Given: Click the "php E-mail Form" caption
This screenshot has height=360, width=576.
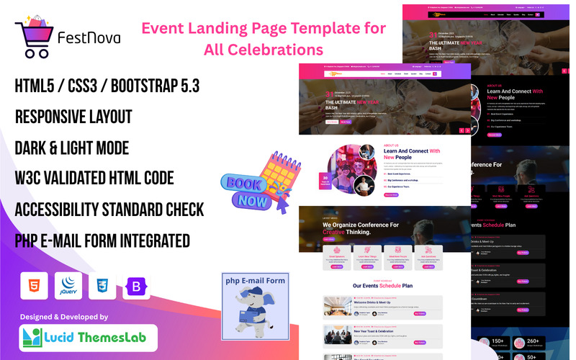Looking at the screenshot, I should pos(255,280).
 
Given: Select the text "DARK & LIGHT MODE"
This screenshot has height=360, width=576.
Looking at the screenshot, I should pos(71,148).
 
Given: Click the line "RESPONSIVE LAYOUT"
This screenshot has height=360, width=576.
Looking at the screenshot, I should pos(73,117).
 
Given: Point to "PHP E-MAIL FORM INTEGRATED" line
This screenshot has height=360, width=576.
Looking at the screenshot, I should pos(102,240).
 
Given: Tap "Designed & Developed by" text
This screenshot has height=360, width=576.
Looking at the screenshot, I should pos(63,316).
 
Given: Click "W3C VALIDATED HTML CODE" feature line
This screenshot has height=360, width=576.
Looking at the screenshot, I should pos(94,179).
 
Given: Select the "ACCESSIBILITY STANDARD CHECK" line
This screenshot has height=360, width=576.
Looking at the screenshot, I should pos(109,210).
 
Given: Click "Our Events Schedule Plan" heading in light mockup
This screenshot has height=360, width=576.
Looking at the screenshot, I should pos(382,285).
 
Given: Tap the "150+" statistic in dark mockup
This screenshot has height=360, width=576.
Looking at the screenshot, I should pos(499,341).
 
